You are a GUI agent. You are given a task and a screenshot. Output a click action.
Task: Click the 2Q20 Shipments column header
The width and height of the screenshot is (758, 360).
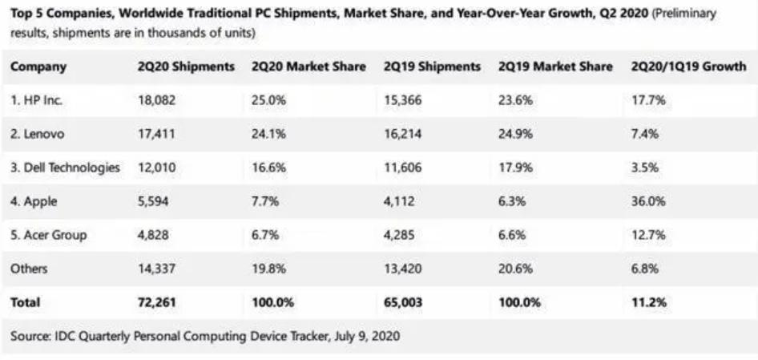[x=185, y=67]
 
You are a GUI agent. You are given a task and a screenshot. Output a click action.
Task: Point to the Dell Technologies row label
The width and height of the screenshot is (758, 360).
[x=65, y=168]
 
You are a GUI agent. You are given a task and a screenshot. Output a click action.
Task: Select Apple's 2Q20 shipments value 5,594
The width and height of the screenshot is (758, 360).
[x=153, y=201]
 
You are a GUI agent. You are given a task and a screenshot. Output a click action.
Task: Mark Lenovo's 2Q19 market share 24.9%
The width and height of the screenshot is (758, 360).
[x=515, y=134]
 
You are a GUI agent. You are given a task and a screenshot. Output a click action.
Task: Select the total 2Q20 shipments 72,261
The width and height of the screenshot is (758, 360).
[x=156, y=302]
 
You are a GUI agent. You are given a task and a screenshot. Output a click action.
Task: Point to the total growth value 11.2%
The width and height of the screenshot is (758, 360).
[x=647, y=302]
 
